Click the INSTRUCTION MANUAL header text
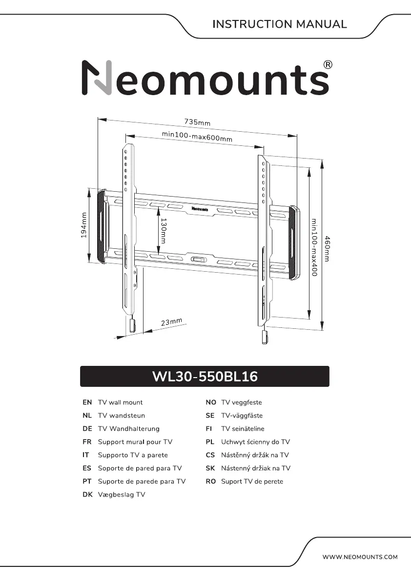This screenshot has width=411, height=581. (x=280, y=24)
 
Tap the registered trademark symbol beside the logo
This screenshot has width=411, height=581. (x=329, y=65)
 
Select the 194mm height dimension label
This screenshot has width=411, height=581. (x=83, y=225)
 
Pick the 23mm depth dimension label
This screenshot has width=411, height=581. (x=171, y=322)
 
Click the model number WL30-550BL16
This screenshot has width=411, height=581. (x=205, y=377)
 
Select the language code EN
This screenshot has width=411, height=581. (x=87, y=402)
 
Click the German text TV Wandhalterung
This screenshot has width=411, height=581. (x=128, y=429)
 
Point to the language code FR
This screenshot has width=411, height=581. (x=87, y=442)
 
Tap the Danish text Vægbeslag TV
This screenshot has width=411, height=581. (x=122, y=495)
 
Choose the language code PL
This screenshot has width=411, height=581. (x=210, y=442)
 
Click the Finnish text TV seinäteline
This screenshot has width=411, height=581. (x=243, y=429)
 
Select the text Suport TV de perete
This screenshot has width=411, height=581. (x=252, y=481)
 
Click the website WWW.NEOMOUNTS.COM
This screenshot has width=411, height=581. (x=360, y=557)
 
